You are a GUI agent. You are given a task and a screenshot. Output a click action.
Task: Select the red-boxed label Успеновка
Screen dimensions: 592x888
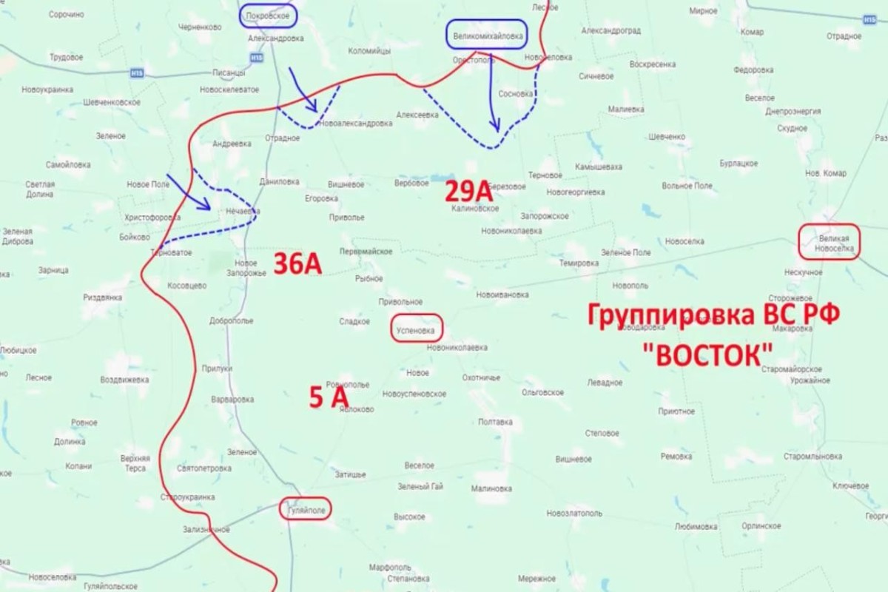[x=416, y=329]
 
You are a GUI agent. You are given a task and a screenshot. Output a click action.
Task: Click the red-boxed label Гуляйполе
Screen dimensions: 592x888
[x=304, y=509]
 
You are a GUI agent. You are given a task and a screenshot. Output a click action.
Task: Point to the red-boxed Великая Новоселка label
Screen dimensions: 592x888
[x=829, y=242]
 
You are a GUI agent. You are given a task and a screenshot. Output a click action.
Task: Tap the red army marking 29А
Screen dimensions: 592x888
[x=468, y=192]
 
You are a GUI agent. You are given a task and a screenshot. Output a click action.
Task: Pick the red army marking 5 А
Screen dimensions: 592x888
[x=329, y=399]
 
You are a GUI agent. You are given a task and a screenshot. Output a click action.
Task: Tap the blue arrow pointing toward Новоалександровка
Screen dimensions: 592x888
[x=302, y=88]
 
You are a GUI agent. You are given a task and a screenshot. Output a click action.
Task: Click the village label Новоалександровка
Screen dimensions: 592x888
[x=357, y=124]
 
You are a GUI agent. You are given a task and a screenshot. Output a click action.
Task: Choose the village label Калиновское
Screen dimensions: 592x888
[x=475, y=209]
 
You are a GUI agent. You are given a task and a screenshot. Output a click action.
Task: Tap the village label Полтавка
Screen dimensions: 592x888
[x=495, y=422]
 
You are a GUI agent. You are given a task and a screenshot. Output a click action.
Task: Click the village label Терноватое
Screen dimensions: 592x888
[x=172, y=252]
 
